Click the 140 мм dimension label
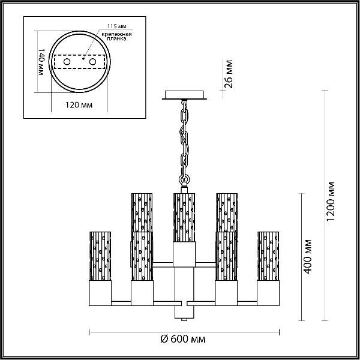coord(41,62)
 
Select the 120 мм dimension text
coord(79,105)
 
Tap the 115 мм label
coord(117,26)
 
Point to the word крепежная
coord(116,34)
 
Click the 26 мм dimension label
coord(229,74)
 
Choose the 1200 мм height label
coord(331,201)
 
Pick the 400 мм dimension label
coord(308,256)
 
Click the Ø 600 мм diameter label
coord(183,339)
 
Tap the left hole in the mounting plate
coord(67,62)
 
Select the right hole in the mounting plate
coord(92,62)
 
